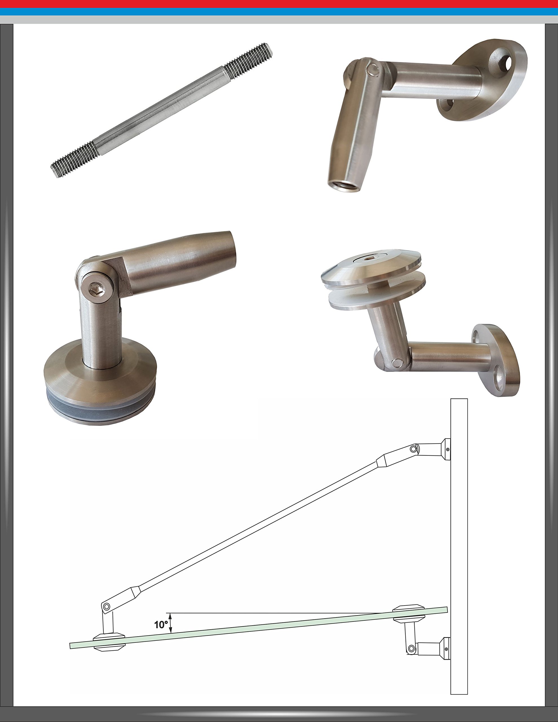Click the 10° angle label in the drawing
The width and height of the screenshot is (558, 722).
(x=161, y=624)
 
